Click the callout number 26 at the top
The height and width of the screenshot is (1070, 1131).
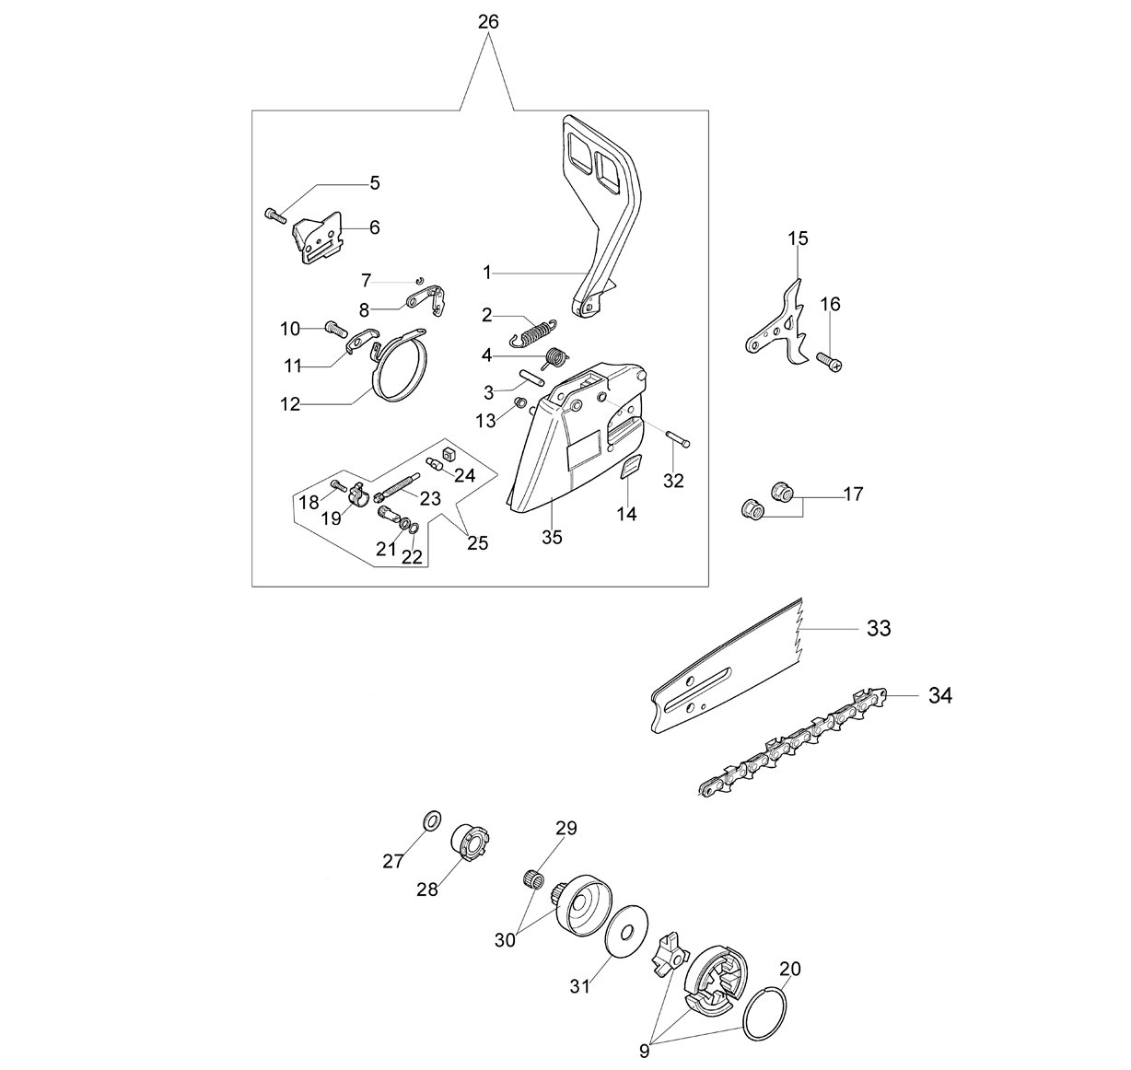488,22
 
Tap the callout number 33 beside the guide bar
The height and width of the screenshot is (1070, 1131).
879,628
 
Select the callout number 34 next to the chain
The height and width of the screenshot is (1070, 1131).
940,695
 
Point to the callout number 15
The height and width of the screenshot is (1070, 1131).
798,238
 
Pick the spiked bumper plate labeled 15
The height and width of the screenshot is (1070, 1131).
778,322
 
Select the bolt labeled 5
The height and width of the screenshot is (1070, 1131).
275,215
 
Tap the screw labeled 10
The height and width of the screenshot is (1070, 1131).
336,329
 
